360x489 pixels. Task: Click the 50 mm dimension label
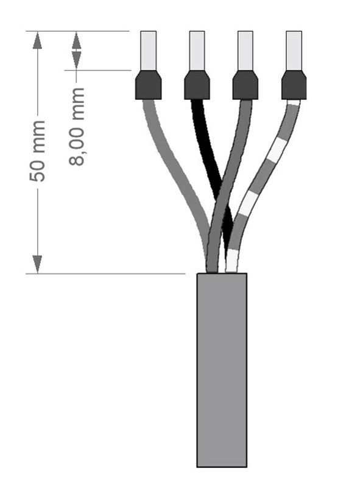click(38, 152)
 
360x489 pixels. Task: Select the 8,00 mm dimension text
click(77, 126)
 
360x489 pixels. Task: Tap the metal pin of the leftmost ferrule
click(149, 51)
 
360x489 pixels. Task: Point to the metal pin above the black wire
click(197, 51)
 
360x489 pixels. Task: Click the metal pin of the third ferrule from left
click(245, 51)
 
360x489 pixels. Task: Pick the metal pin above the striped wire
click(294, 51)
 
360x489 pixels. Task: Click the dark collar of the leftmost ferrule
click(148, 85)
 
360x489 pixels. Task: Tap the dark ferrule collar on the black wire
click(197, 85)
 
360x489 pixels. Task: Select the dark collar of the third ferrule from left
click(245, 85)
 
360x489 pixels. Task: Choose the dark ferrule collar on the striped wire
click(294, 85)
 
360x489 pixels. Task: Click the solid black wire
click(207, 152)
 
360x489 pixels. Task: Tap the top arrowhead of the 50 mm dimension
click(38, 39)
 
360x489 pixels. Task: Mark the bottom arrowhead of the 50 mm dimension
click(38, 264)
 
